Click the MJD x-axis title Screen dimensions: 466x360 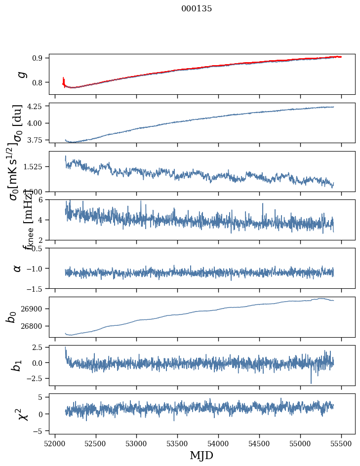[201, 455]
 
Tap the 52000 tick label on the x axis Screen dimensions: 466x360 [55, 442]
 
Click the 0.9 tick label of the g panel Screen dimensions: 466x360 [40, 58]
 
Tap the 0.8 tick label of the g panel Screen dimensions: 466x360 [40, 82]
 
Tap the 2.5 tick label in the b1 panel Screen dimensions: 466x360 [40, 348]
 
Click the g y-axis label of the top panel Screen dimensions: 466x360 [20, 74]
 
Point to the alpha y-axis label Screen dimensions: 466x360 [18, 268]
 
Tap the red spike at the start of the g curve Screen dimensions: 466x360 [64, 80]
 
